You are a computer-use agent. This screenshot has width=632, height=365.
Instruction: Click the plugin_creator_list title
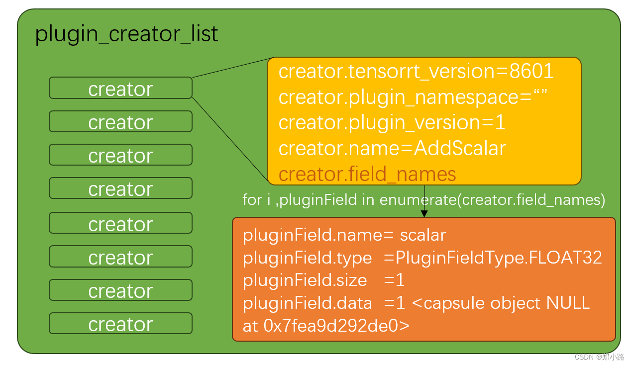click(x=126, y=34)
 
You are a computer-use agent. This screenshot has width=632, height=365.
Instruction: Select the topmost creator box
click(x=120, y=89)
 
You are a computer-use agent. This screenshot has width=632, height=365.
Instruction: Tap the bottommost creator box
click(x=120, y=324)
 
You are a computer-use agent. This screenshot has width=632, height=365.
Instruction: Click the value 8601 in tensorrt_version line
click(x=531, y=72)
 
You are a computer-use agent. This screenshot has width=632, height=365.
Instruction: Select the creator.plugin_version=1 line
click(x=392, y=123)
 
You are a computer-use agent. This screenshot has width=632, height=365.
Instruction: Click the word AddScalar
click(x=460, y=148)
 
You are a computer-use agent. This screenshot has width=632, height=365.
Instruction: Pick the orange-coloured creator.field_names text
click(x=367, y=174)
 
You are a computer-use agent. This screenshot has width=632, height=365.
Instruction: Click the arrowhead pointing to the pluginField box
click(x=424, y=213)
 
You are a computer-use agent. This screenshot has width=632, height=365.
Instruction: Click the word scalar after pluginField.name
click(x=423, y=235)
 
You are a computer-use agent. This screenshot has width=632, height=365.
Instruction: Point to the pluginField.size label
click(x=305, y=280)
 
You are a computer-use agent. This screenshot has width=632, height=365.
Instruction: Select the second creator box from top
click(x=120, y=122)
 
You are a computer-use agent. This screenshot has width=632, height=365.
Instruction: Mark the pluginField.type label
click(x=307, y=258)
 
